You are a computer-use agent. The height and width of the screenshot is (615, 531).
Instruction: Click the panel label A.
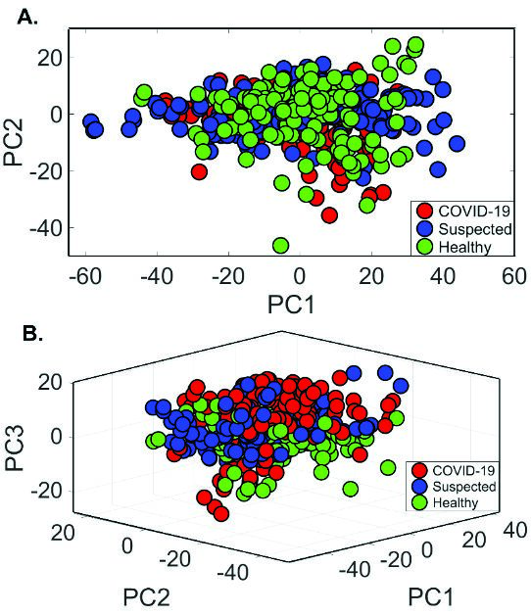pyautogui.click(x=27, y=17)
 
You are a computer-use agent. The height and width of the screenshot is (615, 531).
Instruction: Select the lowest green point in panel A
pyautogui.click(x=280, y=246)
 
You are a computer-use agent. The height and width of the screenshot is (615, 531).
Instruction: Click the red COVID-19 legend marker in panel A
pyautogui.click(x=424, y=211)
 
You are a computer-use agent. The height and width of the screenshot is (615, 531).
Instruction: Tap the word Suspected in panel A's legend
pyautogui.click(x=475, y=229)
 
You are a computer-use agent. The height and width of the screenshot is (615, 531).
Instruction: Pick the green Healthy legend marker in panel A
pyautogui.click(x=424, y=247)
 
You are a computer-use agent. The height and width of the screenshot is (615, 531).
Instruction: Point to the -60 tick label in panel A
pyautogui.click(x=85, y=276)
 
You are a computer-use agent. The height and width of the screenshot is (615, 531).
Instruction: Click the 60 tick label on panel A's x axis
pyautogui.click(x=514, y=276)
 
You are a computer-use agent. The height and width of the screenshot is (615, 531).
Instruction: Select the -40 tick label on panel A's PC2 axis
pyautogui.click(x=46, y=227)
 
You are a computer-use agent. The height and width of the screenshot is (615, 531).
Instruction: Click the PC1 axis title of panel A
pyautogui.click(x=291, y=305)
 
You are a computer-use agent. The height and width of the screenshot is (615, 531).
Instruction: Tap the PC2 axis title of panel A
pyautogui.click(x=13, y=142)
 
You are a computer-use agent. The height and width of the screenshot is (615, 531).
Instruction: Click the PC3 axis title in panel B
pyautogui.click(x=15, y=448)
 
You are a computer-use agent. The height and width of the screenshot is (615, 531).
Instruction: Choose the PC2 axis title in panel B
pyautogui.click(x=147, y=597)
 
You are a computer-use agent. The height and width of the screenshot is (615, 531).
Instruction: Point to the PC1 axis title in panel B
pyautogui.click(x=430, y=597)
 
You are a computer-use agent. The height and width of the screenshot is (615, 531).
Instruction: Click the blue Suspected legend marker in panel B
pyautogui.click(x=419, y=486)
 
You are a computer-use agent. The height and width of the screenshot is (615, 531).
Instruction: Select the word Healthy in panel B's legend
pyautogui.click(x=456, y=502)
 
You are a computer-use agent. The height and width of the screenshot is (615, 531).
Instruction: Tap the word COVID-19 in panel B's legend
pyautogui.click(x=463, y=470)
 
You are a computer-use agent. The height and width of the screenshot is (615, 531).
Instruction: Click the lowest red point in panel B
pyautogui.click(x=221, y=513)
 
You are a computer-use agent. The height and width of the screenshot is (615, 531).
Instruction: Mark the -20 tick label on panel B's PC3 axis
pyautogui.click(x=46, y=491)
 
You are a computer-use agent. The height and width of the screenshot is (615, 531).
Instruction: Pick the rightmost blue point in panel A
pyautogui.click(x=457, y=144)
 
